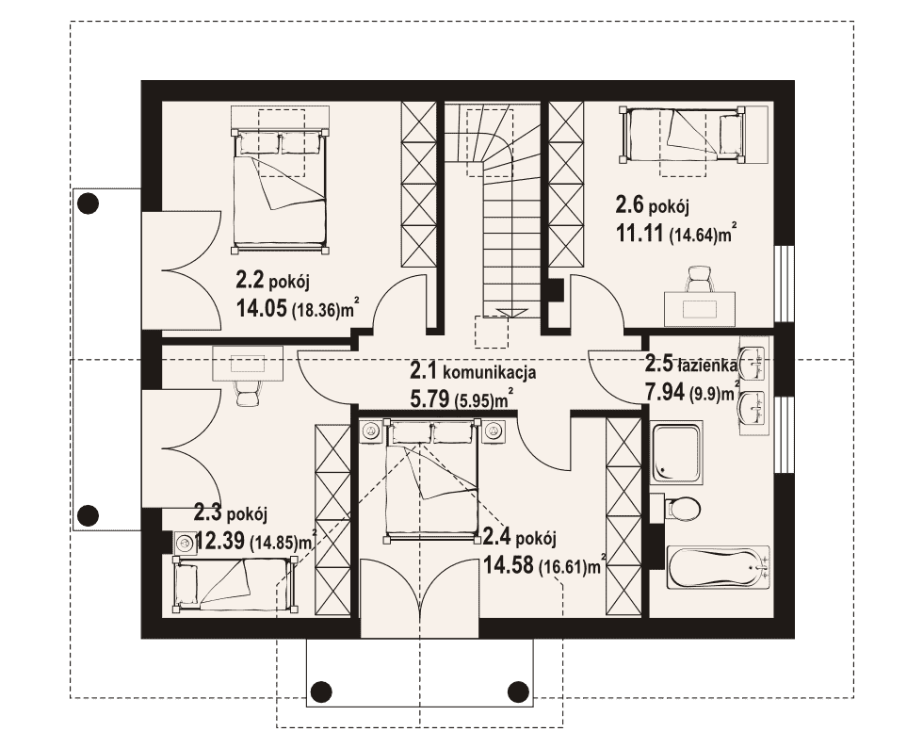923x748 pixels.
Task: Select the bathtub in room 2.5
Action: point(718,567)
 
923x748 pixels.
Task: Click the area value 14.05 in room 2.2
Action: point(262,307)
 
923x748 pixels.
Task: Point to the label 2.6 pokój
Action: point(652,206)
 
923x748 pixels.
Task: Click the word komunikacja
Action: point(489,372)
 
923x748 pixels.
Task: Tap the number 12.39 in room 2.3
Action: point(219,540)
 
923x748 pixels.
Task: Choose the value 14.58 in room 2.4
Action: point(509,565)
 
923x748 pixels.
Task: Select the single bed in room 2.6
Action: point(682,134)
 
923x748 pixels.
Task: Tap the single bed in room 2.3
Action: point(235,583)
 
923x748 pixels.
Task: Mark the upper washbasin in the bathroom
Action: point(753,362)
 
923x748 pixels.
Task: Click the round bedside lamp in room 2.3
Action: point(185,542)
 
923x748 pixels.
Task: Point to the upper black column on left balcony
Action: point(89,203)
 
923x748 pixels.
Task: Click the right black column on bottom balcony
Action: point(518,691)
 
